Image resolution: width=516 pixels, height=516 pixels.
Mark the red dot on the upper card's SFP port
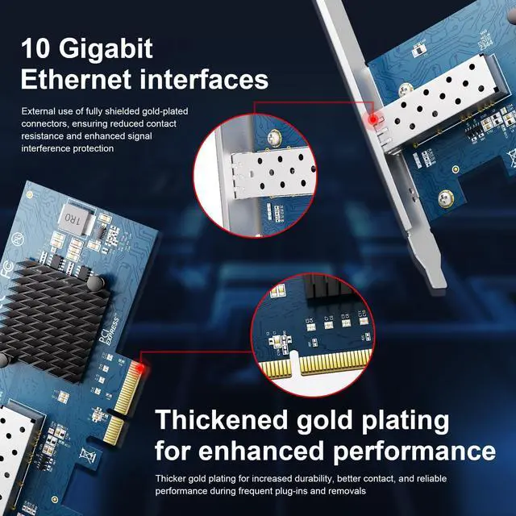372,120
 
